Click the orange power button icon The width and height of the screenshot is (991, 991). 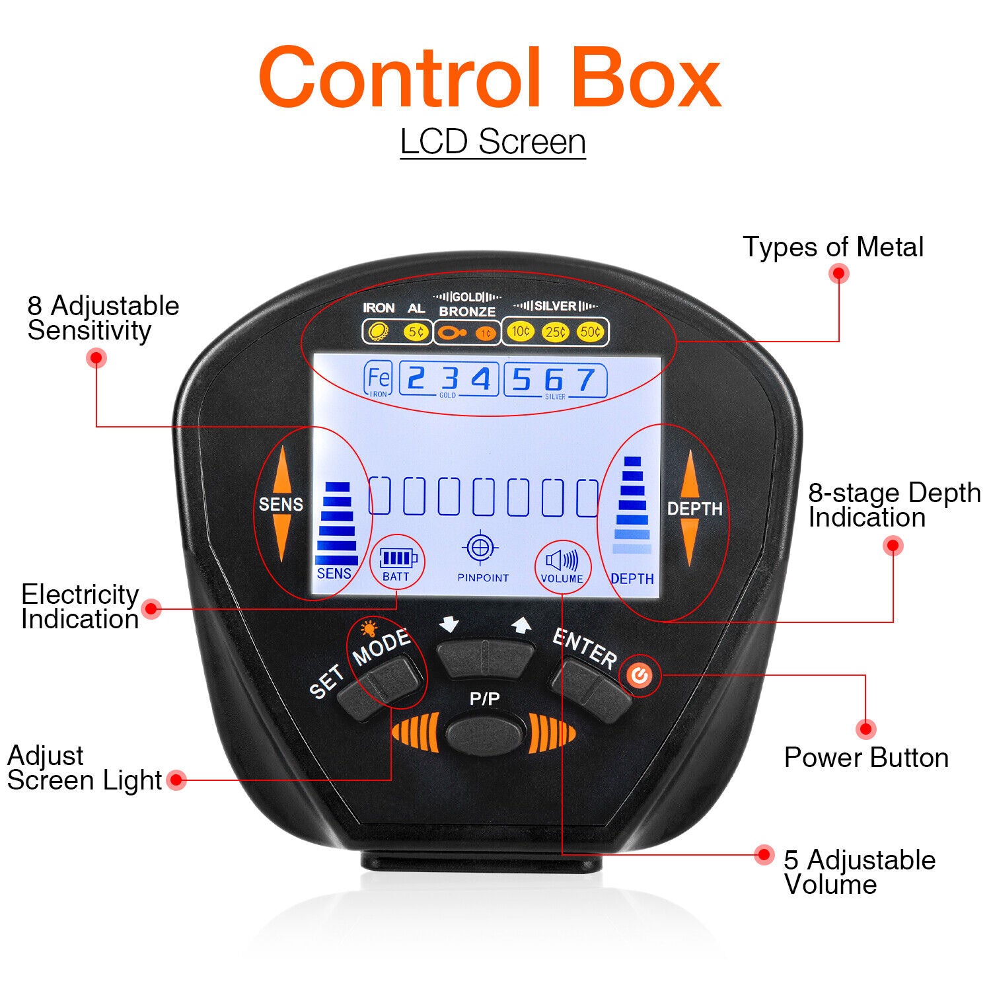pyautogui.click(x=639, y=675)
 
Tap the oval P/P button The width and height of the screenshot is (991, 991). pyautogui.click(x=485, y=733)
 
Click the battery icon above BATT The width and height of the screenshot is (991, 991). pyautogui.click(x=398, y=558)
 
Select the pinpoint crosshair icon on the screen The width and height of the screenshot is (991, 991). pyautogui.click(x=482, y=547)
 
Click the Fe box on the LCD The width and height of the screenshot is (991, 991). pyautogui.click(x=378, y=379)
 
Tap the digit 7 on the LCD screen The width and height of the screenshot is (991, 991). pyautogui.click(x=585, y=380)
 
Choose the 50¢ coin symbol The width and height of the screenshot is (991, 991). pyautogui.click(x=590, y=332)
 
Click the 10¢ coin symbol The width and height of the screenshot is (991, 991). pyautogui.click(x=520, y=331)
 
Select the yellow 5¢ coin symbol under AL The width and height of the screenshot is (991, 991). pyautogui.click(x=416, y=332)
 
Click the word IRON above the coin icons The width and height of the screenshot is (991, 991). pyautogui.click(x=379, y=308)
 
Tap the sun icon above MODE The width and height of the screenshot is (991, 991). pyautogui.click(x=369, y=628)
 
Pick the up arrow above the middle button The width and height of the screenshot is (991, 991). pyautogui.click(x=522, y=624)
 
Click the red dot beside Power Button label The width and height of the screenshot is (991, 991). pyautogui.click(x=865, y=729)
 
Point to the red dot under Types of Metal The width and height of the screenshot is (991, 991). pyautogui.click(x=839, y=273)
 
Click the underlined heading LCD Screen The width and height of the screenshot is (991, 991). pyautogui.click(x=493, y=141)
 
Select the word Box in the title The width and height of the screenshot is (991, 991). pyautogui.click(x=645, y=78)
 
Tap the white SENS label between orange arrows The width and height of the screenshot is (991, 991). pyautogui.click(x=281, y=505)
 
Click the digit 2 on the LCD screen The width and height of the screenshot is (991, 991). pyautogui.click(x=416, y=379)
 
